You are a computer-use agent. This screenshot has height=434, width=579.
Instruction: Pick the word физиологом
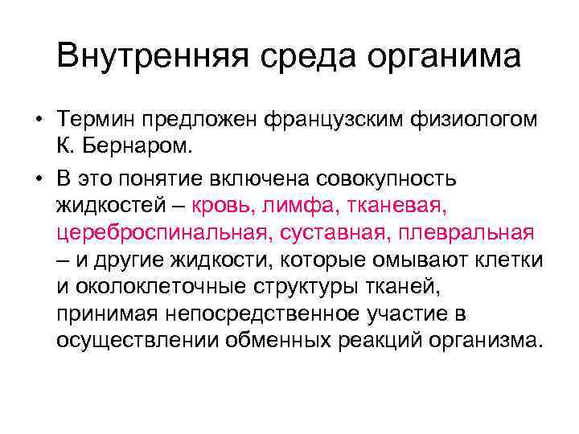pos(474,121)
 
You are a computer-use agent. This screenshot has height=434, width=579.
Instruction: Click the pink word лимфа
pos(296,204)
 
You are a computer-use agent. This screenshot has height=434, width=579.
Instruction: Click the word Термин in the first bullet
pos(96,121)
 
